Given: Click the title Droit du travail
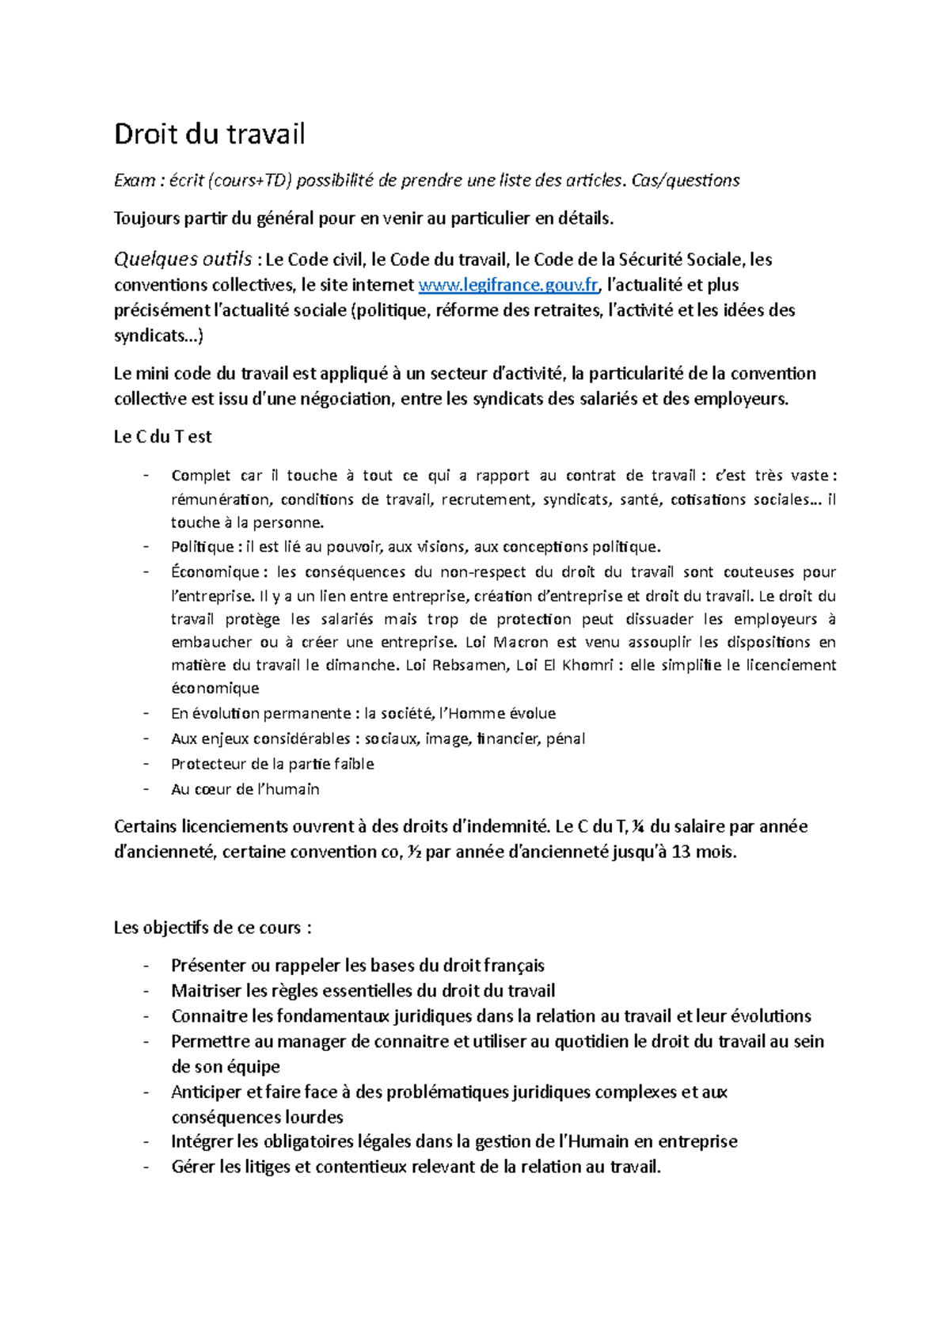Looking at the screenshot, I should click(209, 135).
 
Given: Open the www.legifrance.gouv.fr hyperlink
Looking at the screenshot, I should click(508, 285).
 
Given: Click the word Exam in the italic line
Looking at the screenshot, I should click(135, 181).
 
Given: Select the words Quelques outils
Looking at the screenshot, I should click(183, 260).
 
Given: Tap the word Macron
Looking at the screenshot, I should click(520, 642).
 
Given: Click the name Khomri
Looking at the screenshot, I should click(587, 665).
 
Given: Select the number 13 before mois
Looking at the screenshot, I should click(681, 852).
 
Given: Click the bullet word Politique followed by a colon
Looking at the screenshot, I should click(202, 547).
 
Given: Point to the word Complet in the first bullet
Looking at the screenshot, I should click(200, 476).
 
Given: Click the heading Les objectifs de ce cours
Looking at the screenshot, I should click(212, 928).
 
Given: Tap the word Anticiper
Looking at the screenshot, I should click(206, 1092).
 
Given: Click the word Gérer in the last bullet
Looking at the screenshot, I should click(193, 1167).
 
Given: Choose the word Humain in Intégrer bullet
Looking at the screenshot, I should click(599, 1141).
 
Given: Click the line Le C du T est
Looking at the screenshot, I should click(162, 437).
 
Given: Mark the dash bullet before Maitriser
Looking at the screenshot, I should click(146, 991).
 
